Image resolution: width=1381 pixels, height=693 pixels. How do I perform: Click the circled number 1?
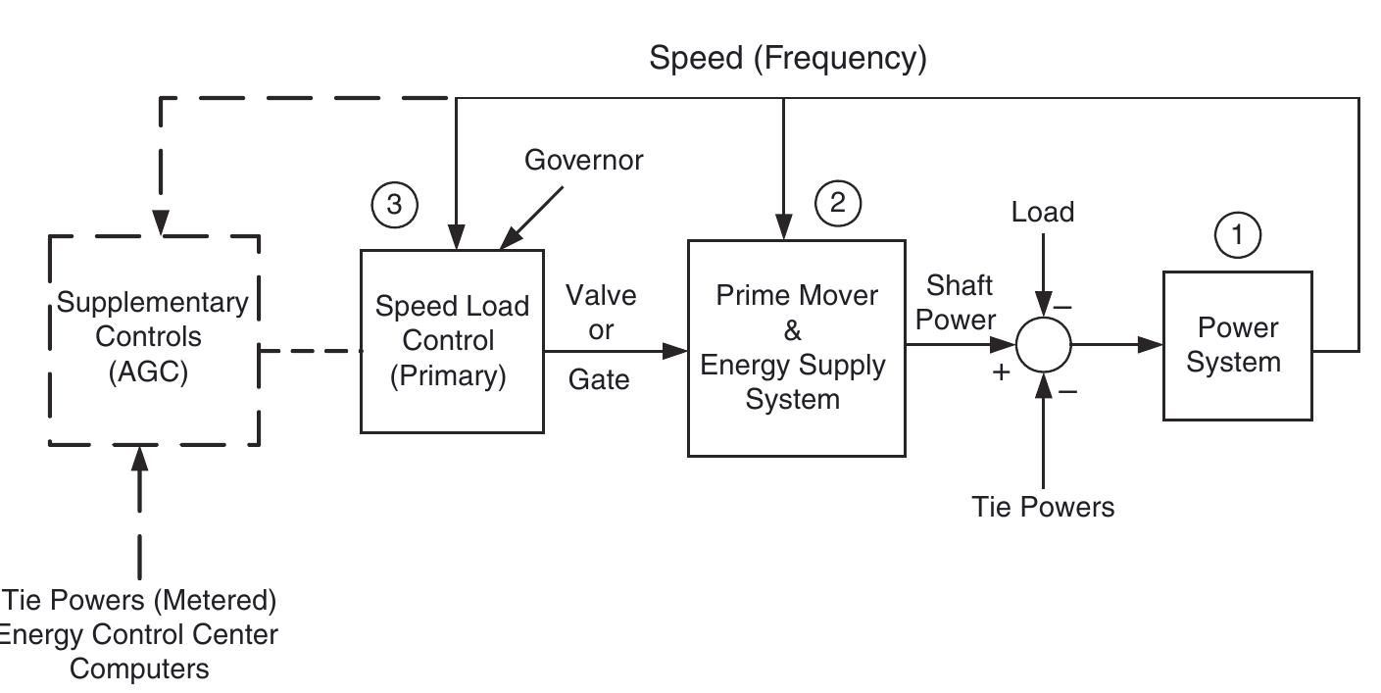(x=1237, y=235)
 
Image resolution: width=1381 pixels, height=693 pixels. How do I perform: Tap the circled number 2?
(x=838, y=202)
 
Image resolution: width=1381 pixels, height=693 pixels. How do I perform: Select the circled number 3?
(x=394, y=204)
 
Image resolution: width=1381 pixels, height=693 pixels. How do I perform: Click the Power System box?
(x=1237, y=345)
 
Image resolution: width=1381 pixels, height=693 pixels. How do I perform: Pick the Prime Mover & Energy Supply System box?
(x=796, y=348)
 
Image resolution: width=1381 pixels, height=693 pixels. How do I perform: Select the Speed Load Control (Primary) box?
(x=452, y=341)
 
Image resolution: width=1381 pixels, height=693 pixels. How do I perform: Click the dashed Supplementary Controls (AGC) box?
(x=154, y=339)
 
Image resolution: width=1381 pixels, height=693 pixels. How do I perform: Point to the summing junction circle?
(x=1043, y=345)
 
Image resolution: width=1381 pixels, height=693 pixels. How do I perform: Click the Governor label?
(x=584, y=160)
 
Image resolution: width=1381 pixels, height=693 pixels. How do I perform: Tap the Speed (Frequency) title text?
(x=787, y=58)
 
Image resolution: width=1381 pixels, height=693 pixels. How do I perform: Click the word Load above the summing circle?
(x=1043, y=212)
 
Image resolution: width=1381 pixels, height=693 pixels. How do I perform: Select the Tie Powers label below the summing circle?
(x=1043, y=507)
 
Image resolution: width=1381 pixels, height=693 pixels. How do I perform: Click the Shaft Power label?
(x=960, y=302)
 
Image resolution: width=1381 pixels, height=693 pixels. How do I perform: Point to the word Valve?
(x=601, y=295)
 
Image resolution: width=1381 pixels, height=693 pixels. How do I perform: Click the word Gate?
(x=599, y=379)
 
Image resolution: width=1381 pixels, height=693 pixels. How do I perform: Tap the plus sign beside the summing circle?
(x=1001, y=372)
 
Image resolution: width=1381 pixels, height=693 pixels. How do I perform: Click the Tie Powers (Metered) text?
(x=139, y=599)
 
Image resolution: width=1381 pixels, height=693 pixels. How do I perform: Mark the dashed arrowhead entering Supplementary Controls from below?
(x=139, y=458)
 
